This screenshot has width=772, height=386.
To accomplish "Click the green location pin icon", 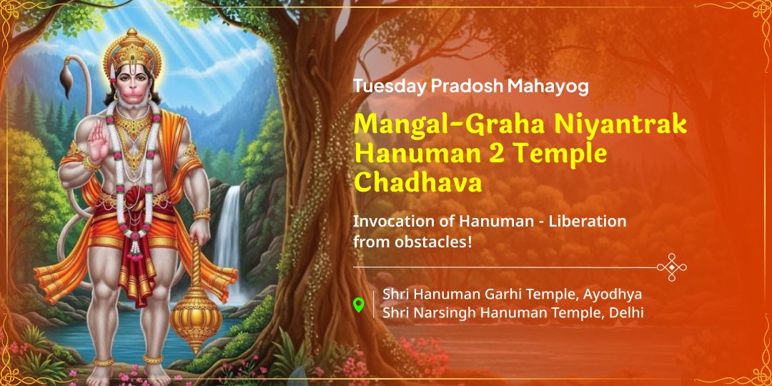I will click(x=359, y=305).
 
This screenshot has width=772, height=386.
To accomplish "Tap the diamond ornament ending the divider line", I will click(x=671, y=267).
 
